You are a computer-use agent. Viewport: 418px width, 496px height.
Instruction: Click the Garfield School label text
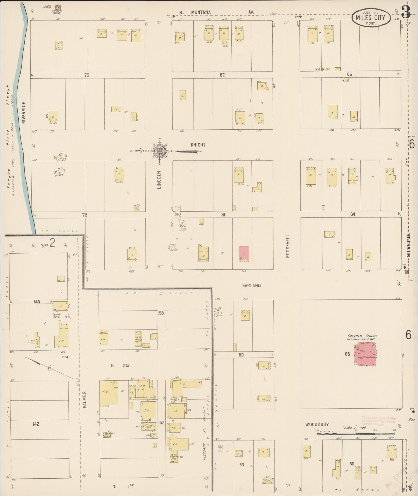point(362,336)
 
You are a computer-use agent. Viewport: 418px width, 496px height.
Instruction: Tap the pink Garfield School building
point(366,354)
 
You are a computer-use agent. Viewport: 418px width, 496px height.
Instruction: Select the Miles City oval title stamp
point(371,18)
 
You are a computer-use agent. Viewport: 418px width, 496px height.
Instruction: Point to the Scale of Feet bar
point(355,434)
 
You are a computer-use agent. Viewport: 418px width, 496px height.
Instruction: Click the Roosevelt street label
point(288,246)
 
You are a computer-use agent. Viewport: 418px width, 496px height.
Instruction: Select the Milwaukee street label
point(408,245)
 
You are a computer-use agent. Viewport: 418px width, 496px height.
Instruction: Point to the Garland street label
point(251,285)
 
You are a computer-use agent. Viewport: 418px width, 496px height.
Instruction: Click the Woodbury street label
point(317,424)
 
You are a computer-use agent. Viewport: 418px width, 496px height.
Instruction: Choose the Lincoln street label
point(159,180)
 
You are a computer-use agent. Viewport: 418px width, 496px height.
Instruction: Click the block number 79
point(87,75)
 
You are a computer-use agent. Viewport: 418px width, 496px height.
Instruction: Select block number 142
point(36,424)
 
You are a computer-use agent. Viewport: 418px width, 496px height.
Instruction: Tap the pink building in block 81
point(244,253)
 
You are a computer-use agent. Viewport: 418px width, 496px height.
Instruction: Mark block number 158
point(161,313)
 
